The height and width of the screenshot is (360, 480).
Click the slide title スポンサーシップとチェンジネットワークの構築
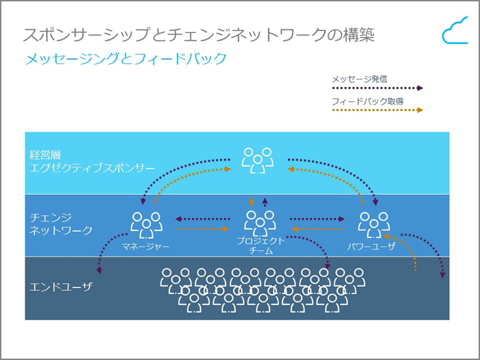click(x=199, y=35)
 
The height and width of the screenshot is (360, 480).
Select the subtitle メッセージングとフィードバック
click(x=125, y=59)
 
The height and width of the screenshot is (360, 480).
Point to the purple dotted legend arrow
click(x=376, y=88)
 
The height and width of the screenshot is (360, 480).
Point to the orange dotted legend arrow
click(x=376, y=110)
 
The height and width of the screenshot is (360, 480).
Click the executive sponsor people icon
click(x=258, y=159)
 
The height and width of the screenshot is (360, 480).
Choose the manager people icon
click(x=147, y=224)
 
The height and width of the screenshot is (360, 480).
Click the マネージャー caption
click(x=145, y=245)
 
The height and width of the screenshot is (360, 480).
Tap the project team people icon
click(x=260, y=221)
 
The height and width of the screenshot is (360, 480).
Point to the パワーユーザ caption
click(x=372, y=245)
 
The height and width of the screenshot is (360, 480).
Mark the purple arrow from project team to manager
click(x=202, y=219)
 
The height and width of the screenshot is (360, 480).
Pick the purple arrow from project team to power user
click(x=316, y=219)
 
